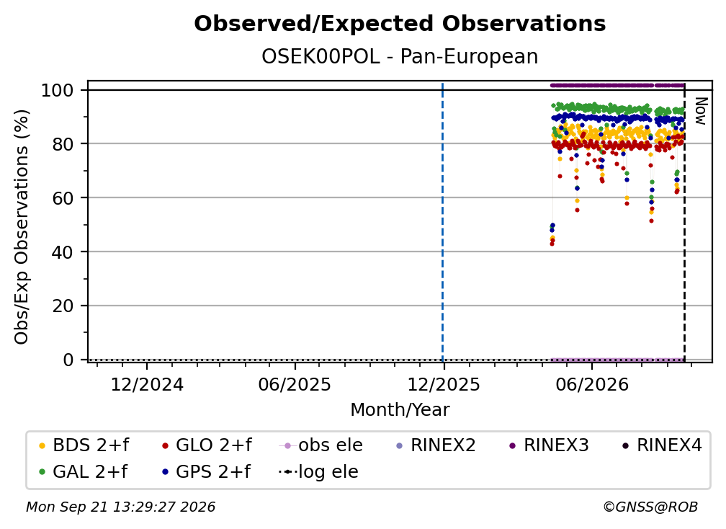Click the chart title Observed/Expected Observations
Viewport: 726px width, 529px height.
click(400, 24)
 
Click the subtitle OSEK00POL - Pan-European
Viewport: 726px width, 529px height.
click(400, 57)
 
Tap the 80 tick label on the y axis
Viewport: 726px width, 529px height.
click(63, 144)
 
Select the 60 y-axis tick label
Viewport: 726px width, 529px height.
click(63, 197)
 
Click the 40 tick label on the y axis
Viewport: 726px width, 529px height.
click(63, 252)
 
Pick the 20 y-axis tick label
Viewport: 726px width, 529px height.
click(63, 306)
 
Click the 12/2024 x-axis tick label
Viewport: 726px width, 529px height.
click(147, 385)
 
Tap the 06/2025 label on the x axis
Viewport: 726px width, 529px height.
click(295, 385)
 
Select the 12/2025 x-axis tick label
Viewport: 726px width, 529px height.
click(444, 385)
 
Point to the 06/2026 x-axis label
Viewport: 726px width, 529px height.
click(592, 385)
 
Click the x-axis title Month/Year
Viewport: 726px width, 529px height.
click(400, 410)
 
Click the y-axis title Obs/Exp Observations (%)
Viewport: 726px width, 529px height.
click(22, 226)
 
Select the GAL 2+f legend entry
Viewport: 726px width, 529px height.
click(84, 471)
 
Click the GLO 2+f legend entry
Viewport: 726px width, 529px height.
click(207, 445)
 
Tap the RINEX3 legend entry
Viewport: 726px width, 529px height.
click(549, 445)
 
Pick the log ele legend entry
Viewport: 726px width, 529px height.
click(318, 471)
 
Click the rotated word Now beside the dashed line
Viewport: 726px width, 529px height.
click(701, 111)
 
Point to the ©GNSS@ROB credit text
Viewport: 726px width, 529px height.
click(650, 507)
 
